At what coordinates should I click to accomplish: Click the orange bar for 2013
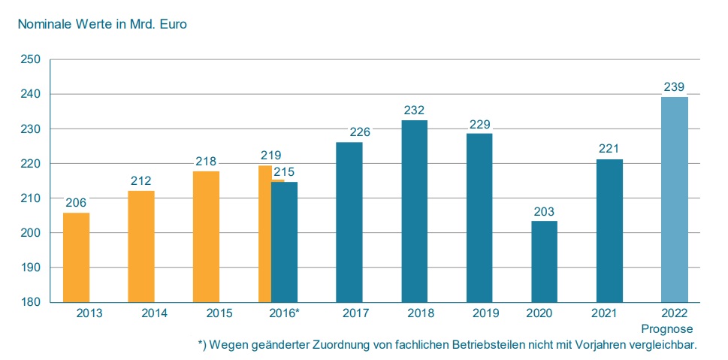coord(76,258)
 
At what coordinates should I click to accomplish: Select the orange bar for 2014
coord(141,247)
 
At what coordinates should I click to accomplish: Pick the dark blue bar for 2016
coord(284,242)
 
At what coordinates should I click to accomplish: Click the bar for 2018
coord(414,211)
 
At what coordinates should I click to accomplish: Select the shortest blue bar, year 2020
coord(544,262)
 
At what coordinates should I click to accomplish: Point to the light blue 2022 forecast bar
coord(674,199)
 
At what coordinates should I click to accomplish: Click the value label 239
coord(674,87)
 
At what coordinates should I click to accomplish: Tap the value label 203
coord(544,212)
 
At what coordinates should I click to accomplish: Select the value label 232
coord(414,110)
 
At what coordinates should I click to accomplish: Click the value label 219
coord(270,156)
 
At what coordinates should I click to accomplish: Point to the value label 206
coord(76,203)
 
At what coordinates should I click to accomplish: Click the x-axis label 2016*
coord(285,313)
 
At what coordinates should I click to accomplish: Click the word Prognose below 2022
coord(667,329)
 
